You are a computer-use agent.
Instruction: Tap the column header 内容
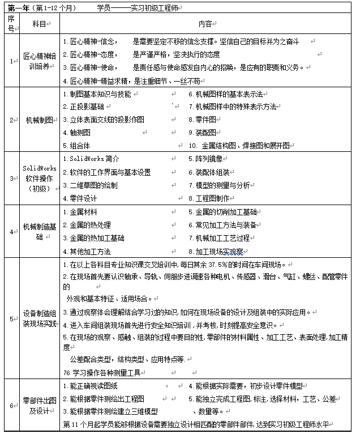click(205, 24)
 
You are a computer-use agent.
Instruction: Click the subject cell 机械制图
click(39, 120)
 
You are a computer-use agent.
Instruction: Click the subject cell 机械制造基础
click(39, 231)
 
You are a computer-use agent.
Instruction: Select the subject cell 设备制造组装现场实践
click(39, 317)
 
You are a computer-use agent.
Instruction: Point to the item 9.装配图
click(202, 132)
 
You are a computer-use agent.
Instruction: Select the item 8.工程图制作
click(209, 198)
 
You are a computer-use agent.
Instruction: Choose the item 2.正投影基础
click(83, 107)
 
